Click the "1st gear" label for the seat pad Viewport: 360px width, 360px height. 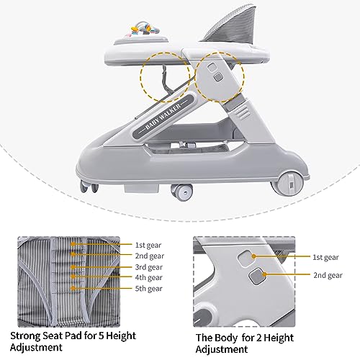(x=148, y=245)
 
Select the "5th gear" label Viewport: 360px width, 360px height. (x=149, y=288)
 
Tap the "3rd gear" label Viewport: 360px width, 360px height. (x=149, y=267)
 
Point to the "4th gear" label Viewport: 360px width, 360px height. (x=149, y=277)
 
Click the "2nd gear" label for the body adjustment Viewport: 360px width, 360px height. (x=328, y=275)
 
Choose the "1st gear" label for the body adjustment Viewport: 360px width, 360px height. (x=325, y=257)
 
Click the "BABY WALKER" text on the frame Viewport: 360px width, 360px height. (x=163, y=117)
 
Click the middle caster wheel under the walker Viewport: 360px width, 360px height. (x=182, y=192)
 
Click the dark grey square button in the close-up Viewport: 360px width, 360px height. (x=256, y=276)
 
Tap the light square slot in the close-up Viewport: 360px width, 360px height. (x=246, y=258)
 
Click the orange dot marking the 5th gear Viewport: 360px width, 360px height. (x=73, y=288)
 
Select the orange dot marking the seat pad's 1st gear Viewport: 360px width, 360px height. (x=73, y=244)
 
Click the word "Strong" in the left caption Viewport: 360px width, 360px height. (x=25, y=336)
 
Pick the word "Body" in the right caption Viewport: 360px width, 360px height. (x=225, y=338)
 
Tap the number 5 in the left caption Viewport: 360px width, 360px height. (x=101, y=336)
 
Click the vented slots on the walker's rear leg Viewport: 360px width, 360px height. (x=243, y=112)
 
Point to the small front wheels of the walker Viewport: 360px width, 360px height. (x=89, y=186)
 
